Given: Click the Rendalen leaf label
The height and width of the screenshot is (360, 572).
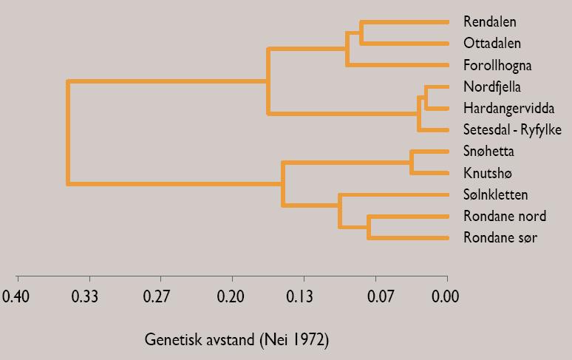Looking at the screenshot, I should point(490,22).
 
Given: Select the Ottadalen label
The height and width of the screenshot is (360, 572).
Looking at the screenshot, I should point(492,44).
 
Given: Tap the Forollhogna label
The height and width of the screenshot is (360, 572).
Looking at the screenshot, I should point(497,66).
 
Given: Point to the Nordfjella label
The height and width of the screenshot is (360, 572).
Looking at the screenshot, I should point(492,87).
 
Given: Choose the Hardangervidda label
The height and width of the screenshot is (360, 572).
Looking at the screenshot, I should point(509,109).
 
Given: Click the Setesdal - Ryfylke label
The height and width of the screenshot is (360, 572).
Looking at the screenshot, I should point(512,130).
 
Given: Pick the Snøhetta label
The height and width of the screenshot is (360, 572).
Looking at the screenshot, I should point(488,152).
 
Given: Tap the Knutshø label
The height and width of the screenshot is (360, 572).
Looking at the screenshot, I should point(487,174).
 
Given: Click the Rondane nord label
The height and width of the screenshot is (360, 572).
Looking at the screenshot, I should point(505,217).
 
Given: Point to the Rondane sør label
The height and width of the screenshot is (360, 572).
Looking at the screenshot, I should point(500,238).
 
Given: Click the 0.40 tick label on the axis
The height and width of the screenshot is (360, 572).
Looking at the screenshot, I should point(16,297).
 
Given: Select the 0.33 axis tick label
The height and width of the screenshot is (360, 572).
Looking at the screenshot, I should point(89,297).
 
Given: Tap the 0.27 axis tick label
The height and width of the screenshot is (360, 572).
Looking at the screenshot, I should point(160,297).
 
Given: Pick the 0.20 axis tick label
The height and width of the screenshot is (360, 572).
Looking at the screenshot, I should point(232,297).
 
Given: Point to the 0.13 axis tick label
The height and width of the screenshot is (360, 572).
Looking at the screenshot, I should point(304,297).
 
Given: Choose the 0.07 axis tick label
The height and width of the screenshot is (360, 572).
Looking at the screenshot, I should point(375,297).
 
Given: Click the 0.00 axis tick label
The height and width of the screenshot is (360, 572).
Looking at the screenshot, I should point(446,297).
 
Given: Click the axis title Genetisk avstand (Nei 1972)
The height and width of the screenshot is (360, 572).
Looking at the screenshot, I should point(236,340).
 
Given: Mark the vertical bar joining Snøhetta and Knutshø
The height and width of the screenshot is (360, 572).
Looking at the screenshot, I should point(412,163).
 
